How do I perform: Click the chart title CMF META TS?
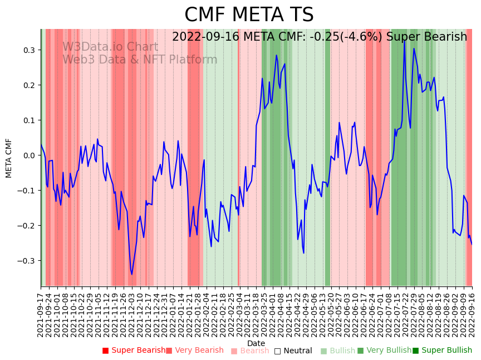click(249, 15)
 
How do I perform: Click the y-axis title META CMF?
click(9, 158)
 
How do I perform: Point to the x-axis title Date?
click(256, 343)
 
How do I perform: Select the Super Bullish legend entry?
click(443, 351)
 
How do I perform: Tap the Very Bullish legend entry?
click(384, 351)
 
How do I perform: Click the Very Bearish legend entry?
click(194, 351)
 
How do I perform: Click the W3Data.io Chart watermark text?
click(110, 47)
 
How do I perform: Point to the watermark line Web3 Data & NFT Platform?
click(140, 60)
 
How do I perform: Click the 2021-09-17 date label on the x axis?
click(41, 314)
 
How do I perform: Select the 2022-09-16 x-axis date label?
click(472, 314)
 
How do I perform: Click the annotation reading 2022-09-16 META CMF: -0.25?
click(320, 37)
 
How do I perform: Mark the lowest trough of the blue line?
click(132, 274)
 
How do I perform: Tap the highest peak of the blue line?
click(405, 41)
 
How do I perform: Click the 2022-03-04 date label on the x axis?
click(239, 314)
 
